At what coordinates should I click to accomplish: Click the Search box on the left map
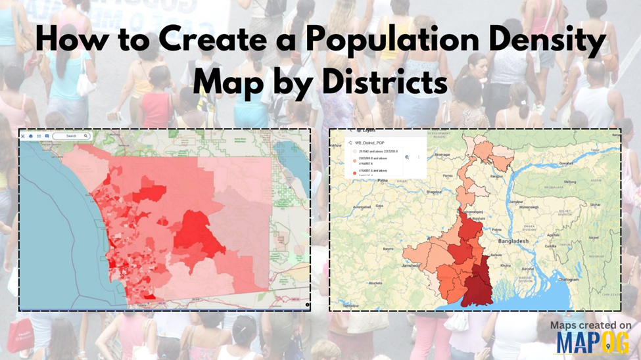tap(71, 136)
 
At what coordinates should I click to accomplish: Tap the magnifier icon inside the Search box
tap(86, 136)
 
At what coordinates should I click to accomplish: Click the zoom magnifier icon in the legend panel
tap(407, 157)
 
